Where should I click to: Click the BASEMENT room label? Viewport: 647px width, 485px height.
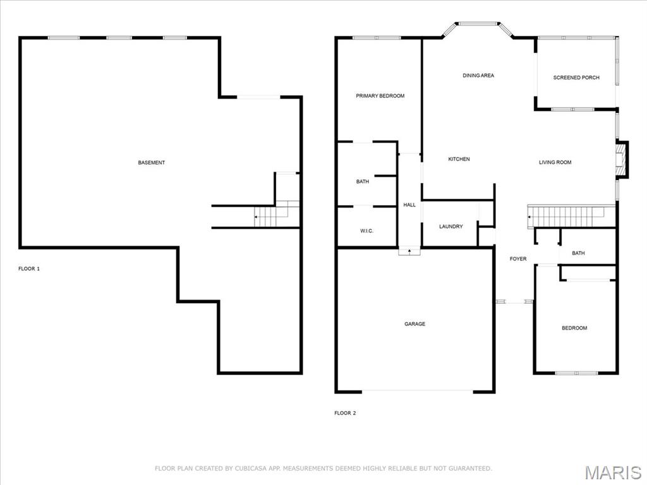pyautogui.click(x=152, y=162)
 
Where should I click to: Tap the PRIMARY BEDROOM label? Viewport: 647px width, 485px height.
pyautogui.click(x=380, y=96)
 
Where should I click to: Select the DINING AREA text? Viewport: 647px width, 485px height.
pyautogui.click(x=478, y=76)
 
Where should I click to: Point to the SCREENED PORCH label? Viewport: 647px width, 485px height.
pyautogui.click(x=576, y=78)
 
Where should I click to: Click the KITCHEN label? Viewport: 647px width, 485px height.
pyautogui.click(x=459, y=159)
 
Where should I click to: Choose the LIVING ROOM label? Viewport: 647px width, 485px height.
pyautogui.click(x=555, y=162)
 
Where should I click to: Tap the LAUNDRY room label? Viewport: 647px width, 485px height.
pyautogui.click(x=451, y=227)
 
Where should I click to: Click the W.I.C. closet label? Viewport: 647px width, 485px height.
pyautogui.click(x=367, y=231)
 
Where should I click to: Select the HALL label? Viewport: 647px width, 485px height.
pyautogui.click(x=409, y=205)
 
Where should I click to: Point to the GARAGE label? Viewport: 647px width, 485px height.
pyautogui.click(x=414, y=324)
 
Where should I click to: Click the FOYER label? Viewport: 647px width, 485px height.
pyautogui.click(x=518, y=259)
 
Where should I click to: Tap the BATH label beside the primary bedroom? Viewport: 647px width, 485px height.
pyautogui.click(x=363, y=181)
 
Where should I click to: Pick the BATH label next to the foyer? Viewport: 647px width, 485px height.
pyautogui.click(x=578, y=253)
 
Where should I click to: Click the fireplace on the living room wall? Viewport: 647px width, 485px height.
pyautogui.click(x=622, y=160)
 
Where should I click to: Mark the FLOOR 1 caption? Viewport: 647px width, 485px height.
pyautogui.click(x=29, y=269)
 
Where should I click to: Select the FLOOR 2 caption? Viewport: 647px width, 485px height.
pyautogui.click(x=345, y=413)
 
